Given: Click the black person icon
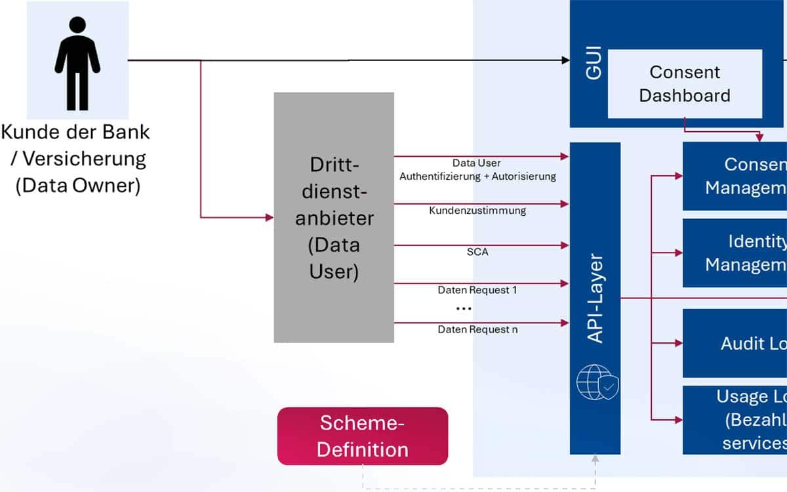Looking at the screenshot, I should [77, 63].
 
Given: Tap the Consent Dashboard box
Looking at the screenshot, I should [685, 83].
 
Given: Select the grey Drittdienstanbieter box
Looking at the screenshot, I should [334, 217].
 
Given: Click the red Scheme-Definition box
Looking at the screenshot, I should [363, 436].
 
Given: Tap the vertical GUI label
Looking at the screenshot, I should [593, 63].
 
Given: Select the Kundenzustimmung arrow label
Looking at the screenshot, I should [477, 211].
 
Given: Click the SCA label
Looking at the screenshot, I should [477, 252].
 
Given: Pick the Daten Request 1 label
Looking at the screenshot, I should [477, 290].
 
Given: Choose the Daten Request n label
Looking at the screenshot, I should [477, 329].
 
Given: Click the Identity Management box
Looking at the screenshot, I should [735, 253].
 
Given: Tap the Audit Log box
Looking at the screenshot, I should [735, 343].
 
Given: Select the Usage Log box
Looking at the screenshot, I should [735, 420].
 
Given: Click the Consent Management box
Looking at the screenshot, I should [735, 176].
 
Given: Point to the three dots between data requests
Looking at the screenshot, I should [464, 308].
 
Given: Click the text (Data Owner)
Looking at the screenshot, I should [78, 186].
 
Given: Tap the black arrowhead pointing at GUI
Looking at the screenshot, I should [565, 60].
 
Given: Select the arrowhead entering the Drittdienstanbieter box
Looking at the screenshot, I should [269, 217].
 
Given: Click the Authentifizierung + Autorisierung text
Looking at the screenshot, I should [477, 176].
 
